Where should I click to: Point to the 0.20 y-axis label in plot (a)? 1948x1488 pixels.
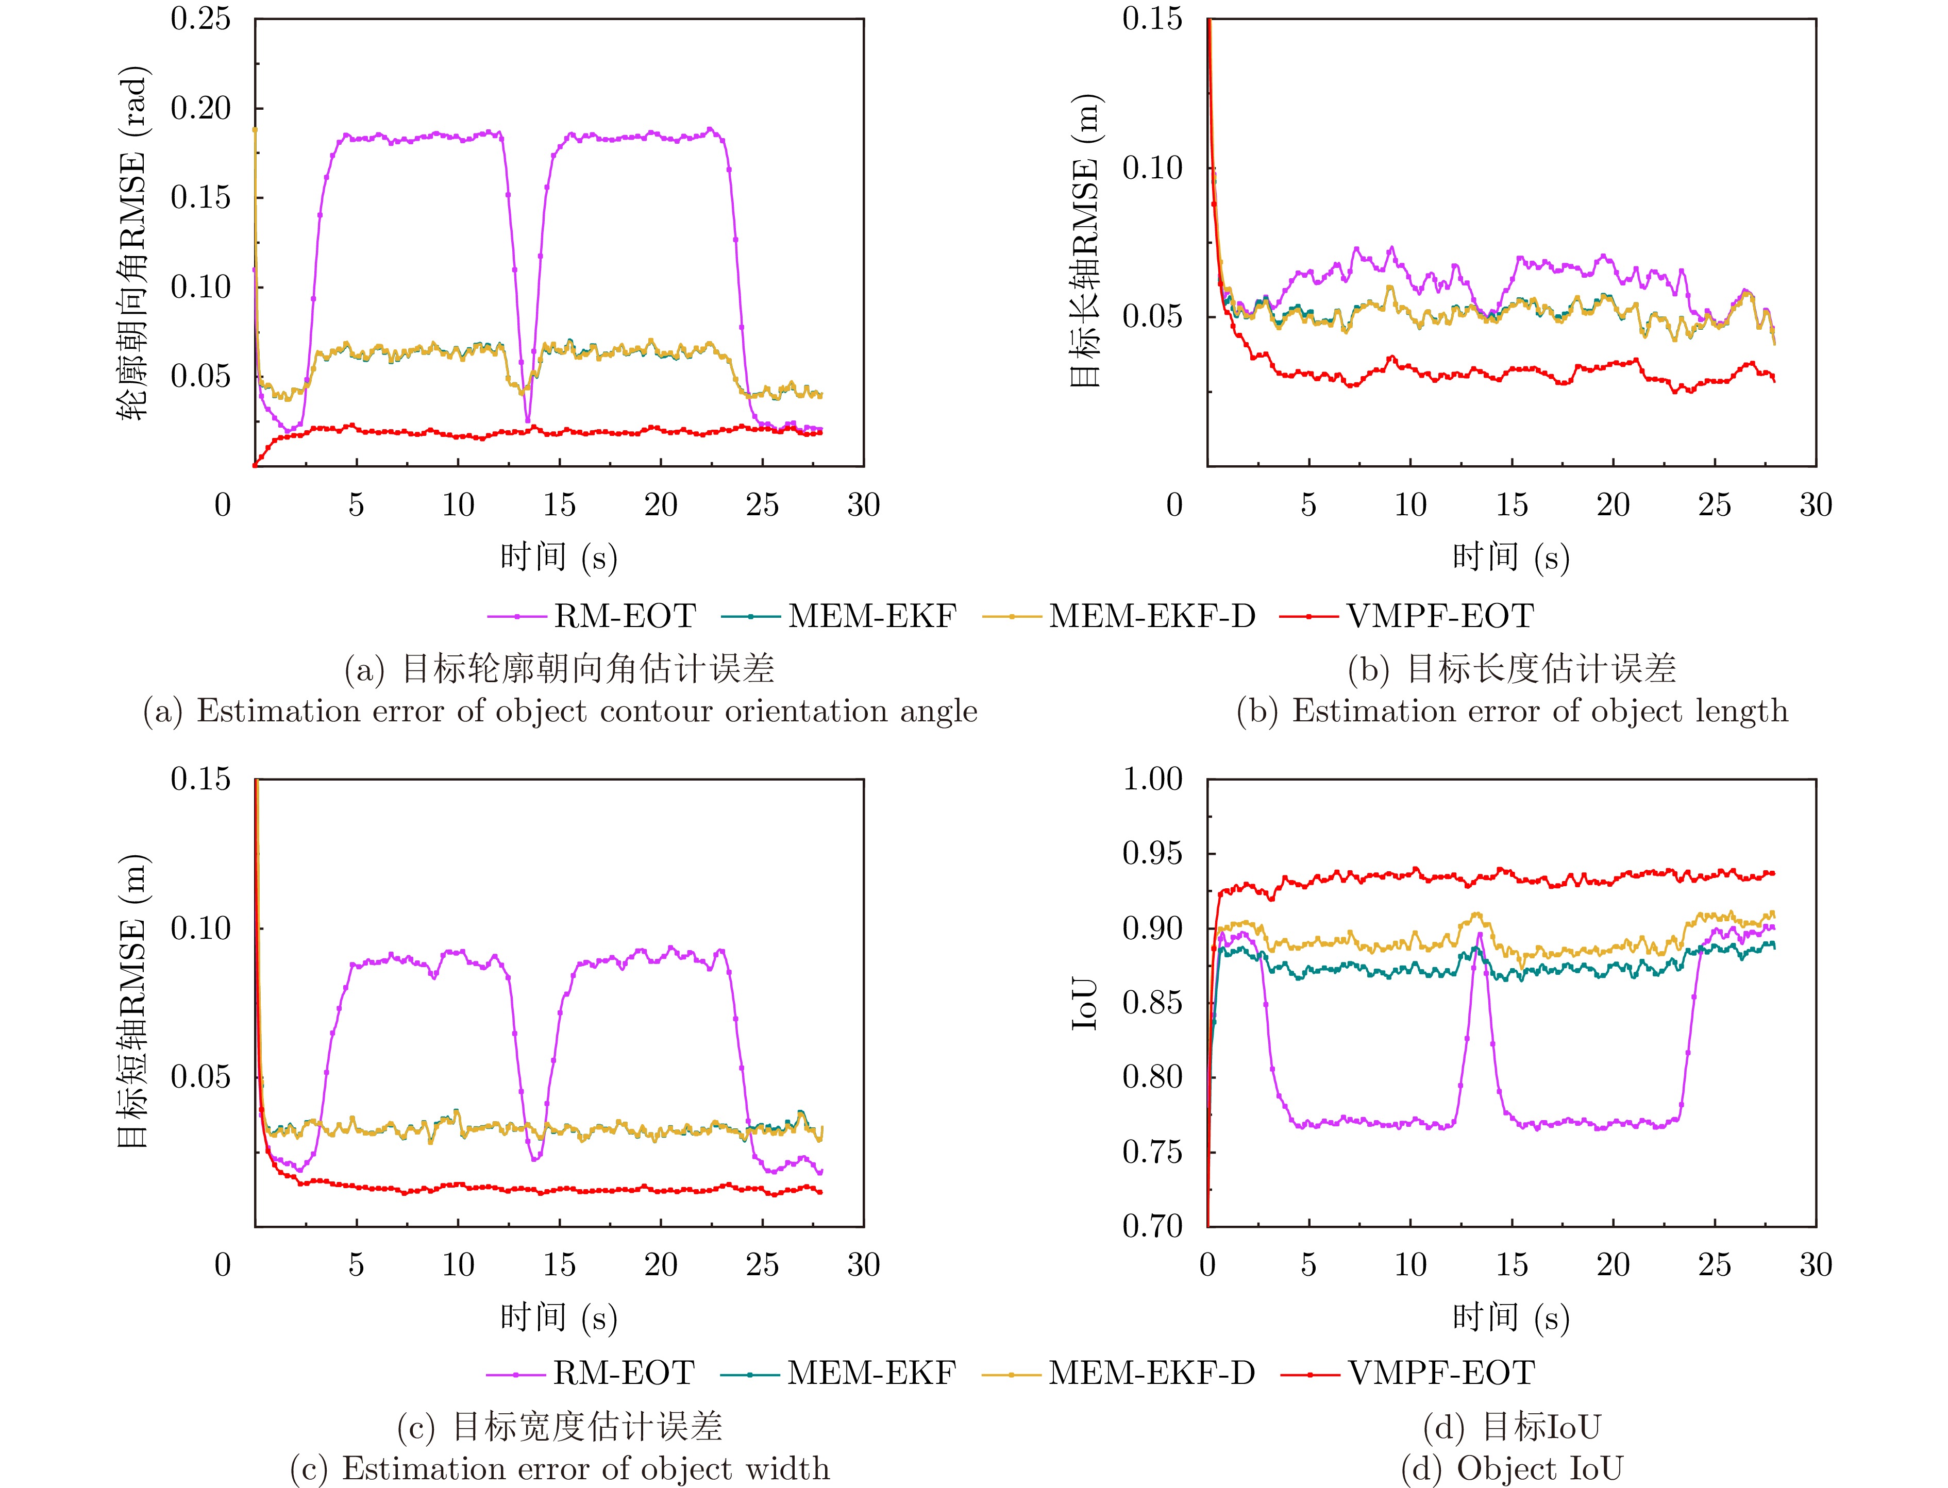200,108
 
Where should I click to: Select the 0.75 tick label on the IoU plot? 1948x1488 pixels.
1152,1152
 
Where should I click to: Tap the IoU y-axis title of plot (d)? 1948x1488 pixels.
1085,1004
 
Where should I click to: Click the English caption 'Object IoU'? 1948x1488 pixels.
1540,1468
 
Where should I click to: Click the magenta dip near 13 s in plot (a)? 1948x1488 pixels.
528,421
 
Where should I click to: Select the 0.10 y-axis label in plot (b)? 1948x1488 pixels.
1152,167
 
